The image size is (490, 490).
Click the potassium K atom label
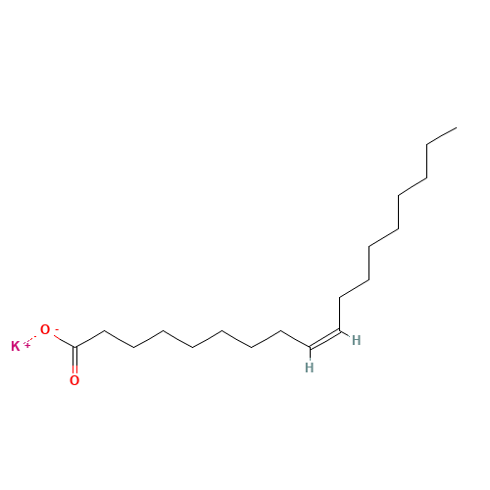pyautogui.click(x=16, y=346)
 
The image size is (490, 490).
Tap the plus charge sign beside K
pyautogui.click(x=27, y=345)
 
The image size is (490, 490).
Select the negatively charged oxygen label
pyautogui.click(x=45, y=329)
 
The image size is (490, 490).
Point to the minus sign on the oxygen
pyautogui.click(x=57, y=329)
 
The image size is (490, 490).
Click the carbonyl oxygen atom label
pyautogui.click(x=74, y=380)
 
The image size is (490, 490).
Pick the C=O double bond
pyautogui.click(x=75, y=361)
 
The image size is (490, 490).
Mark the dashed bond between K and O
pyautogui.click(x=32, y=338)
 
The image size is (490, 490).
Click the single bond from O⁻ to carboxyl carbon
pyautogui.click(x=64, y=341)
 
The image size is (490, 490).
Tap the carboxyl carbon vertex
pyautogui.click(x=75, y=347)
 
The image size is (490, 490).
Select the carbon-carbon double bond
pyautogui.click(x=324, y=339)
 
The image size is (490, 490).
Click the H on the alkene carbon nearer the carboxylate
pyautogui.click(x=309, y=367)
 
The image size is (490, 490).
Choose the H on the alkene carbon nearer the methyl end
pyautogui.click(x=356, y=340)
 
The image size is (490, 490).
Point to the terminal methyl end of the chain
pyautogui.click(x=457, y=127)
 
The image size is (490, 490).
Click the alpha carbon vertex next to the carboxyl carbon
pyautogui.click(x=104, y=330)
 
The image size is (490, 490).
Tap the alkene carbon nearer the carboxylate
pyautogui.click(x=310, y=347)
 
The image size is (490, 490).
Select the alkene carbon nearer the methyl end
pyautogui.click(x=340, y=330)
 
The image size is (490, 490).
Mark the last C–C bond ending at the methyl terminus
pyautogui.click(x=442, y=136)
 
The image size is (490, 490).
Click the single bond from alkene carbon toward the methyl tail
pyautogui.click(x=340, y=314)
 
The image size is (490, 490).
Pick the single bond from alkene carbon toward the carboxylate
pyautogui.click(x=295, y=339)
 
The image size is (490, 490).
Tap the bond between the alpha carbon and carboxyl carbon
pyautogui.click(x=90, y=339)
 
